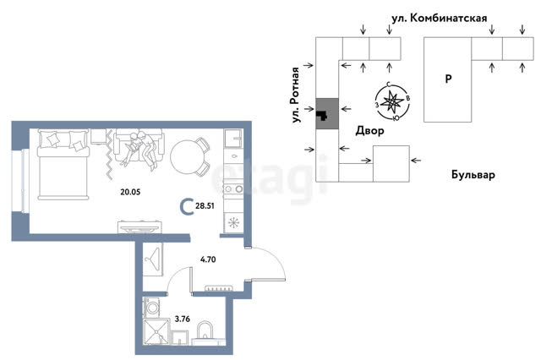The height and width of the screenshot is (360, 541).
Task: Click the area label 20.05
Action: tap(130, 192)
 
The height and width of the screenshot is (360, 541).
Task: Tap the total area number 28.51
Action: tap(205, 206)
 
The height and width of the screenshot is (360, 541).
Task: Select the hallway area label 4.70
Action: tap(208, 259)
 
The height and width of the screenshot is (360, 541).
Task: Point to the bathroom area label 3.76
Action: tap(183, 319)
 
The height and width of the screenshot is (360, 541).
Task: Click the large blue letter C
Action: tap(187, 207)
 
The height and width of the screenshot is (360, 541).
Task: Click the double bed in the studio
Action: tap(63, 165)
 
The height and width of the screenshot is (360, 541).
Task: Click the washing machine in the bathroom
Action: tap(151, 307)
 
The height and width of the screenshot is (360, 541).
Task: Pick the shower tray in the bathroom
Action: tap(156, 332)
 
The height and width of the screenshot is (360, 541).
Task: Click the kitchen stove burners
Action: tap(233, 188)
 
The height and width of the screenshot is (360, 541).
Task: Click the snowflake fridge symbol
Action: tap(233, 222)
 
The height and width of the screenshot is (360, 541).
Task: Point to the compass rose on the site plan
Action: tap(392, 101)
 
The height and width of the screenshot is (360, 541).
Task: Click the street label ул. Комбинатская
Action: tap(440, 19)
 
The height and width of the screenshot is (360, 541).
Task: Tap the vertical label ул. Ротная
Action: tap(296, 95)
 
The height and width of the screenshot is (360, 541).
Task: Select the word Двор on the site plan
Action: tap(369, 130)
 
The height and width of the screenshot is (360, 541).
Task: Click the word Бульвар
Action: tap(473, 175)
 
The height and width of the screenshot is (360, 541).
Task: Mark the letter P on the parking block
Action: tap(448, 79)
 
